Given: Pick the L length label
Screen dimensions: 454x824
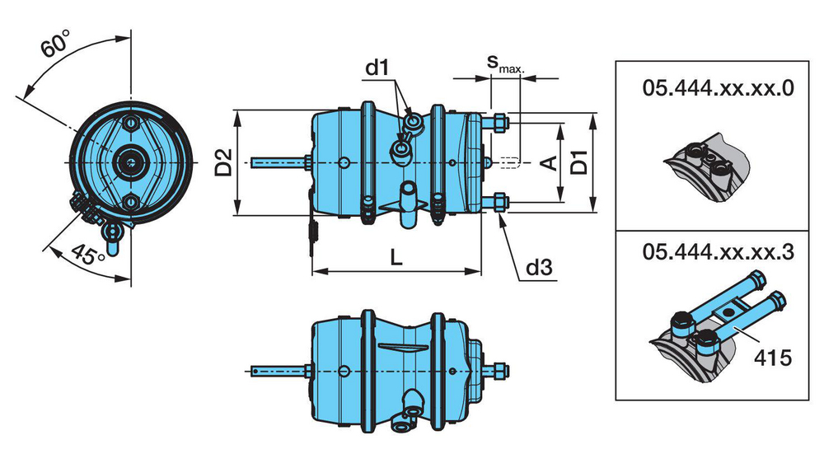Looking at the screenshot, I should (x=396, y=258).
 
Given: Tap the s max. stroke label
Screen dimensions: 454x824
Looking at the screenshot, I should (x=503, y=63).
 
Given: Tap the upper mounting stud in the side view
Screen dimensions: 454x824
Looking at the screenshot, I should (x=499, y=124).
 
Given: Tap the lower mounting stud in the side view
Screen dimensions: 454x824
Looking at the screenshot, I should (x=499, y=202).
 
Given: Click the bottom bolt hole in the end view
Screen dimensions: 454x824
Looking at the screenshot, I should (x=129, y=202).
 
